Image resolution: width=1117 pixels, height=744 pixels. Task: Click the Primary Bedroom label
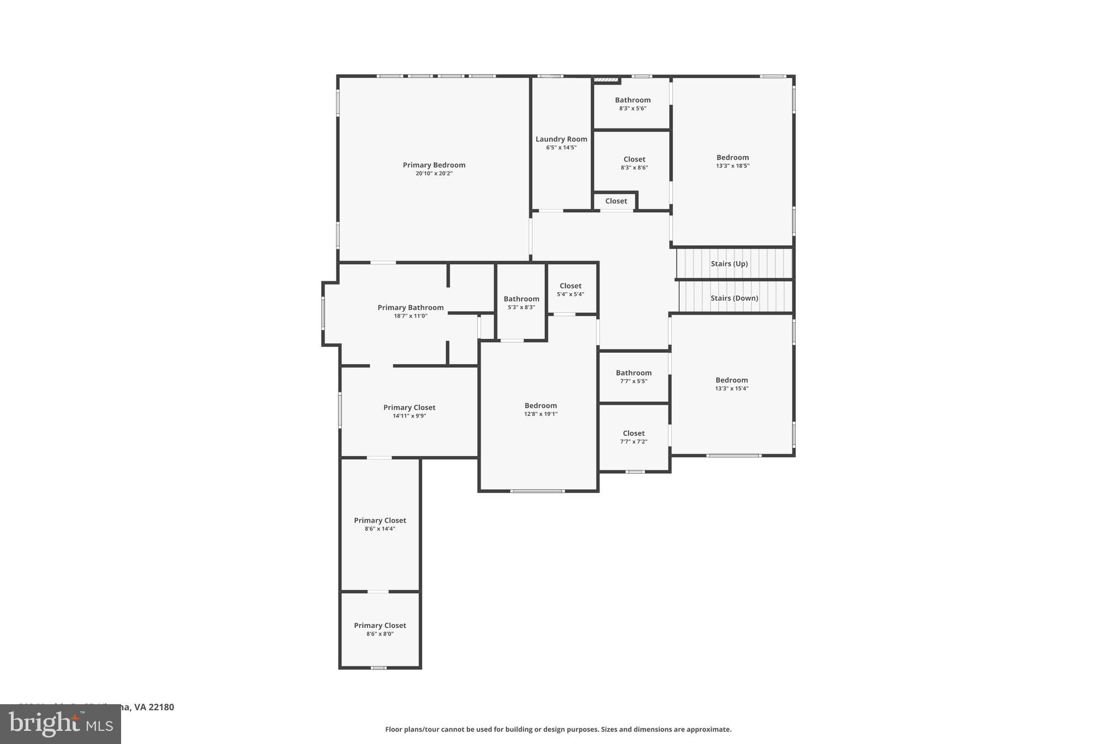point(434,165)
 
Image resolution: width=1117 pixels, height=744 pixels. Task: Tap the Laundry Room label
point(561,140)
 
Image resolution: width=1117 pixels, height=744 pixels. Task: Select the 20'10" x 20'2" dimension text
point(434,174)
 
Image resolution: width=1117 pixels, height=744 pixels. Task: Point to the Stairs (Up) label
point(729,264)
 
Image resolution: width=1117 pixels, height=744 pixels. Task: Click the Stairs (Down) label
point(734,298)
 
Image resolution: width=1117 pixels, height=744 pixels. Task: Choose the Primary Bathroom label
point(410,308)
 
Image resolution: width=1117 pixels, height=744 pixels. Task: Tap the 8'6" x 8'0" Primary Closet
point(380,626)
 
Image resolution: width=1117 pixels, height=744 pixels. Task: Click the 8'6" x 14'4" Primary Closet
point(380,521)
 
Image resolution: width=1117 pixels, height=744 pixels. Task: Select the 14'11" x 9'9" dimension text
point(409,416)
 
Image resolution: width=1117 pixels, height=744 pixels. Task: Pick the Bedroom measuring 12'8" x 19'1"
point(541,406)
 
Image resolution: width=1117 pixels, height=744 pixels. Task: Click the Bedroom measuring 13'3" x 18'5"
point(732,158)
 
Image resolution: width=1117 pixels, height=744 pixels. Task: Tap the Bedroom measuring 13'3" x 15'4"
point(731,380)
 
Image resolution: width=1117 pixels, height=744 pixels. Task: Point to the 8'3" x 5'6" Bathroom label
point(633,100)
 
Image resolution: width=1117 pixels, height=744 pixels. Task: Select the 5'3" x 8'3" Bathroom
point(521,299)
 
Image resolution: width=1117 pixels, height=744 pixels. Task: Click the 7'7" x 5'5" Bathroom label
point(633,373)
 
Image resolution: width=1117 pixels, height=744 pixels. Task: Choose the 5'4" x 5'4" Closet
point(570,286)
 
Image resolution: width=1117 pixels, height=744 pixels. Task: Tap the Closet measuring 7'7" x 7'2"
point(633,434)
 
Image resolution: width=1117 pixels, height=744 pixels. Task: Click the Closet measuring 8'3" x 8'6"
point(634,160)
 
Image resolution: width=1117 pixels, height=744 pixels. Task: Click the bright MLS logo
point(61,724)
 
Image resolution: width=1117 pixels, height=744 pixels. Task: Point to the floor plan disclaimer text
point(558,729)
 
